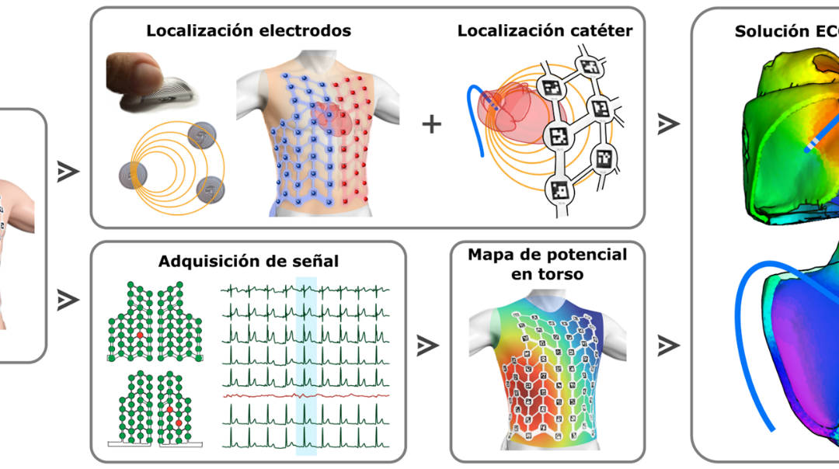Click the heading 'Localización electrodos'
tap(249, 31)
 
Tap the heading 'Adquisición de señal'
tap(249, 261)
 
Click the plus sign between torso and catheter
tap(431, 123)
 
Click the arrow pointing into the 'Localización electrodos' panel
tap(68, 172)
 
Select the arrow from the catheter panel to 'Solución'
tap(667, 123)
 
